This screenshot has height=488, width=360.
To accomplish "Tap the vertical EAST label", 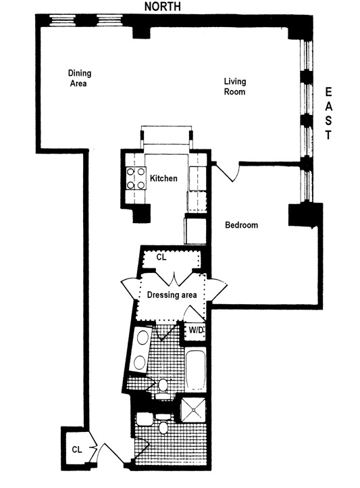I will coord(329,112).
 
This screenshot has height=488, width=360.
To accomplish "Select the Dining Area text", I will coord(79,78).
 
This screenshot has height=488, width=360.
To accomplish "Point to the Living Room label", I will coord(234,86).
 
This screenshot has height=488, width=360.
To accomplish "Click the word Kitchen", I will coord(163,179).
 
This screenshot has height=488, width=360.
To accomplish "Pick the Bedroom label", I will coord(241,225).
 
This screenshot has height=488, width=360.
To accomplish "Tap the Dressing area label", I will coord(172,295).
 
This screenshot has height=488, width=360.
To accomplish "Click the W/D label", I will coord(196,330).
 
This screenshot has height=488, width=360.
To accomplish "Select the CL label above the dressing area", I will coord(161,258).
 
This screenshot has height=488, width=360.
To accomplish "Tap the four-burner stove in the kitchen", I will coord(134,178).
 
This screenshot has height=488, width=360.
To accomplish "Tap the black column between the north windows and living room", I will coord(141,26).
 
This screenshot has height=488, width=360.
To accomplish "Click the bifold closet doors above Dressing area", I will coord(174,278).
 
